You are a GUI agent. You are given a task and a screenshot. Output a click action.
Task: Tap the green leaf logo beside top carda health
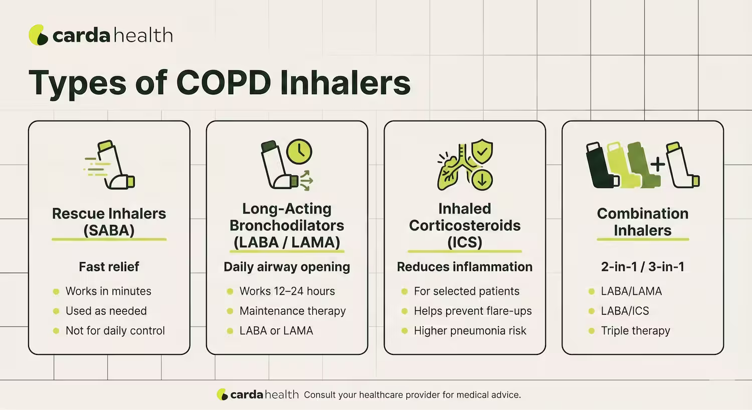pyautogui.click(x=38, y=35)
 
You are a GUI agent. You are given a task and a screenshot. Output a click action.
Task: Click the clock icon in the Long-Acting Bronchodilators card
pyautogui.click(x=299, y=151)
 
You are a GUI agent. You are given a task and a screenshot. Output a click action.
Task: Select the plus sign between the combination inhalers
pyautogui.click(x=657, y=164)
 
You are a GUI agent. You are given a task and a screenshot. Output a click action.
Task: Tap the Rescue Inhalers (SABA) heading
pyautogui.click(x=109, y=222)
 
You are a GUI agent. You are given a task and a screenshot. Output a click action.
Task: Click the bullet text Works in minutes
pyautogui.click(x=108, y=291)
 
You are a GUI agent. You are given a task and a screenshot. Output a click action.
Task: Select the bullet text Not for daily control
pyautogui.click(x=115, y=331)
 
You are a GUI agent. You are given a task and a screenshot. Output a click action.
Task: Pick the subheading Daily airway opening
pyautogui.click(x=287, y=267)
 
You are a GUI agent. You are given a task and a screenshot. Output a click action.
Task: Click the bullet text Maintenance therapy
pyautogui.click(x=292, y=311)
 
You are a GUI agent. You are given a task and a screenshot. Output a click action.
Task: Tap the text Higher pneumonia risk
pyautogui.click(x=470, y=331)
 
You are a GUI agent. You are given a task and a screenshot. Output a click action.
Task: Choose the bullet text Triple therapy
pyautogui.click(x=635, y=331)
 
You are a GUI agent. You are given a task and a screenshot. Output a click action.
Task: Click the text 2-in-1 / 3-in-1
pyautogui.click(x=642, y=267)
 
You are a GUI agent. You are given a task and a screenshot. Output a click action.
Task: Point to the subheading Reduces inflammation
pyautogui.click(x=464, y=267)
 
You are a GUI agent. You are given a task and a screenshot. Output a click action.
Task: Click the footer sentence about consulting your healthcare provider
pyautogui.click(x=412, y=395)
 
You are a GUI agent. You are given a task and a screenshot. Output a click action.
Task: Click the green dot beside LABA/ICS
pyautogui.click(x=592, y=311)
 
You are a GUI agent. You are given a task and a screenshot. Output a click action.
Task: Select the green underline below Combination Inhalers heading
pyautogui.click(x=642, y=240)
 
